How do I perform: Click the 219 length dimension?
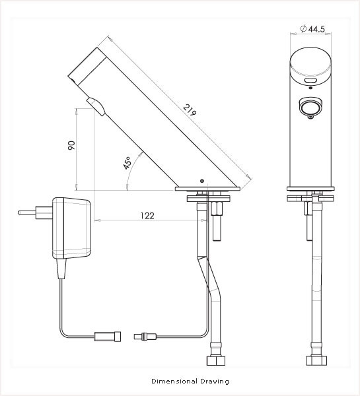(190, 110)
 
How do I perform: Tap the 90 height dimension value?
(72, 145)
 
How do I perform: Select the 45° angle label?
(127, 162)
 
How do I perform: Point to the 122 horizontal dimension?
(147, 215)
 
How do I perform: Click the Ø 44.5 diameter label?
(312, 29)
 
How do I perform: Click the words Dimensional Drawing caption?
(190, 381)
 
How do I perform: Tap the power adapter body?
(71, 228)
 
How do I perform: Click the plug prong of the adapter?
(27, 213)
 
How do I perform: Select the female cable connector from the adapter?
(108, 337)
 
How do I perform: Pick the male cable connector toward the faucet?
(145, 337)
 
